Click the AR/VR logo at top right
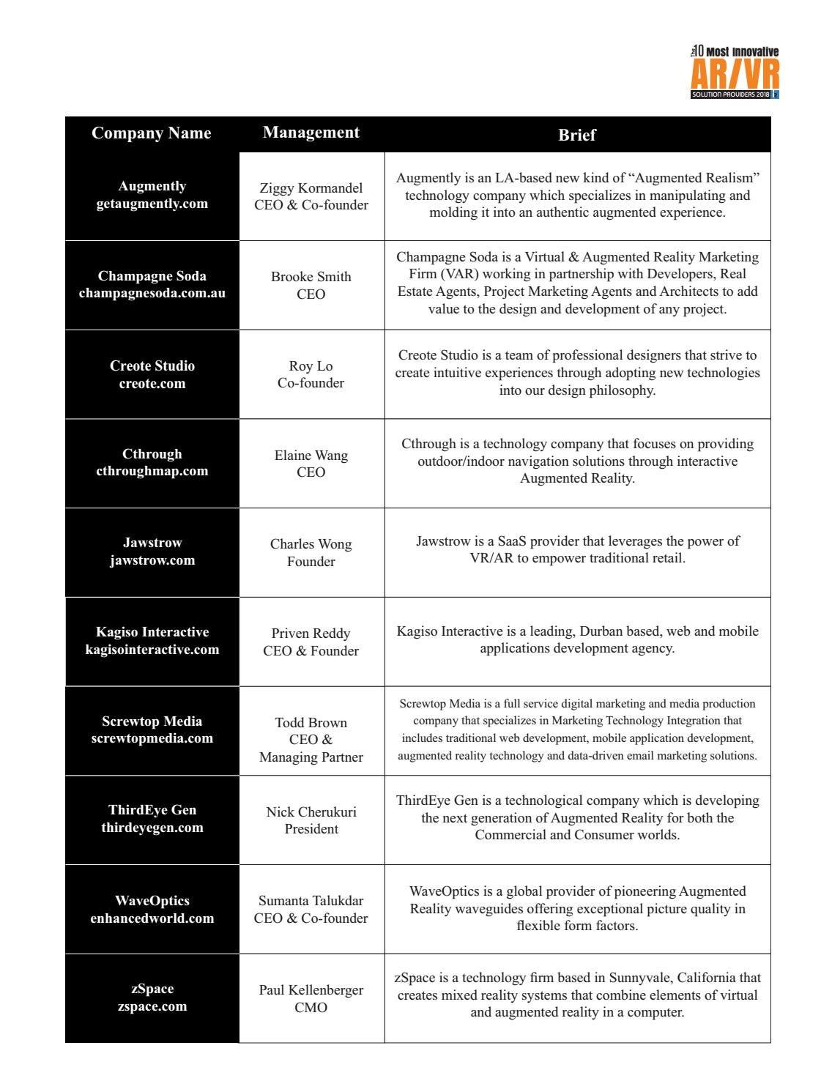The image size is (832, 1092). [735, 72]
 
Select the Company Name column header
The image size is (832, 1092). [152, 133]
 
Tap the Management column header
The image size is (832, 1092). [311, 133]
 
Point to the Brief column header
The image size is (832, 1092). [577, 135]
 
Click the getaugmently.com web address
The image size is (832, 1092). [152, 204]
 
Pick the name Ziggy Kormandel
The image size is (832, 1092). [311, 188]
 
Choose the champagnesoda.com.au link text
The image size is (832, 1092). [152, 294]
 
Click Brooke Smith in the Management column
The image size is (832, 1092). [311, 277]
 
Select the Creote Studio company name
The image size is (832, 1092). [152, 365]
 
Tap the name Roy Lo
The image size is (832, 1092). [311, 366]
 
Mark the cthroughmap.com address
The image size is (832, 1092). [152, 471]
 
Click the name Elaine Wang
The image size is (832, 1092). [311, 456]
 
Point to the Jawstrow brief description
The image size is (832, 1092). [577, 549]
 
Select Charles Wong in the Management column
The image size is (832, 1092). [311, 544]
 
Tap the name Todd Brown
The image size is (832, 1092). [311, 723]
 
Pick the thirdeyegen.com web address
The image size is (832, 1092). [152, 828]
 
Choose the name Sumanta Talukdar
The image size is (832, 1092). [311, 901]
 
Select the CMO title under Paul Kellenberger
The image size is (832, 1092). [311, 1008]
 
